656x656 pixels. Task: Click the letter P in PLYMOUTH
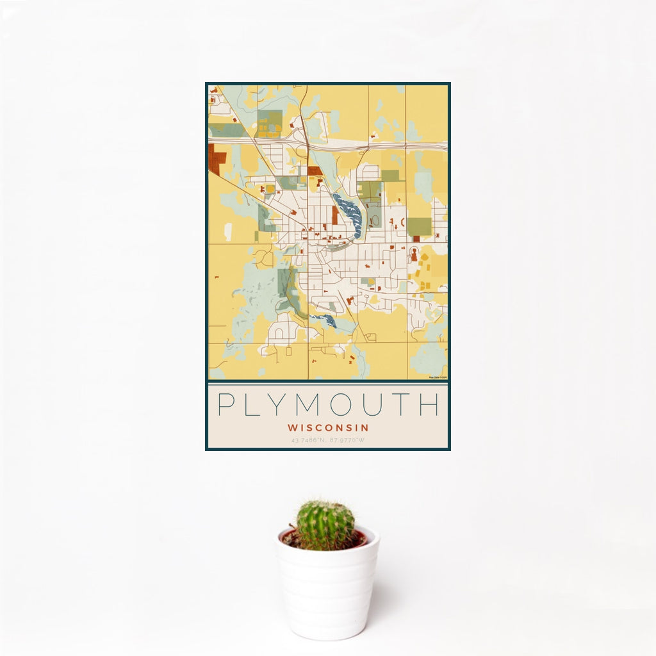(225, 405)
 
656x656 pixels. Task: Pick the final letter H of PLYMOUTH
(429, 405)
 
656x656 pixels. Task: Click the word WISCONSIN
(328, 427)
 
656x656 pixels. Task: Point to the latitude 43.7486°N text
(309, 441)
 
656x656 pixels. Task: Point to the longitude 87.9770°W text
(348, 441)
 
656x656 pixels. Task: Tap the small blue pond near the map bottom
(324, 320)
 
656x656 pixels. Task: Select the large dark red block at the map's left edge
(213, 160)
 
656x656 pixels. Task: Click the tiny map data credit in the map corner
(437, 377)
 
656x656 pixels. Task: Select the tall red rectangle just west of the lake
(334, 215)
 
